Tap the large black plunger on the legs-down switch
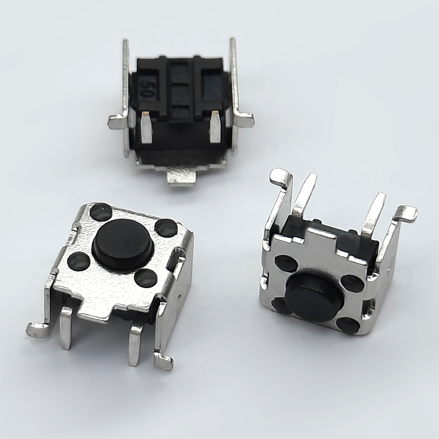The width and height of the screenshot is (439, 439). pyautogui.click(x=122, y=244)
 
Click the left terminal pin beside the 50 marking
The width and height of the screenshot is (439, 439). pyautogui.click(x=147, y=127)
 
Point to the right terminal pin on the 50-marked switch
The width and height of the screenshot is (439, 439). pyautogui.click(x=215, y=127)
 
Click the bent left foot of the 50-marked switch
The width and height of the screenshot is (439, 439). pyautogui.click(x=119, y=121)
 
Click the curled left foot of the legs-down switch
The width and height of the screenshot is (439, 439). pyautogui.click(x=38, y=330)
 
